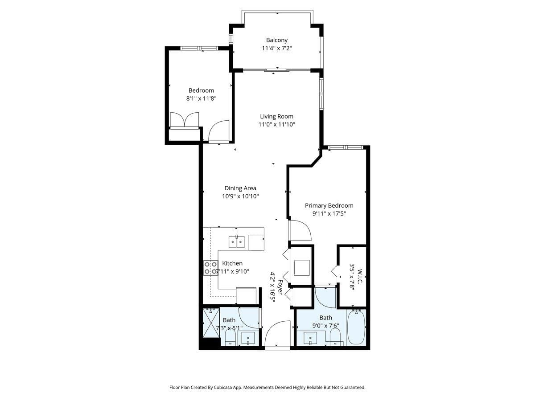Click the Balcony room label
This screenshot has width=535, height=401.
point(276,40)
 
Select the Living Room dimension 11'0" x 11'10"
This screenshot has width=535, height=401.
point(276,124)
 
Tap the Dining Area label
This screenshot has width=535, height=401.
point(240,188)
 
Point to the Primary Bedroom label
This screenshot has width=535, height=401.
point(329,205)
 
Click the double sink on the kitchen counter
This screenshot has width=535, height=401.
point(236,242)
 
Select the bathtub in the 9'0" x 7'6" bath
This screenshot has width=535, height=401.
point(356,327)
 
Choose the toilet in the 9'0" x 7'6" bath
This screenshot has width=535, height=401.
point(335,337)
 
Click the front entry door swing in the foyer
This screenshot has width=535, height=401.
point(277,334)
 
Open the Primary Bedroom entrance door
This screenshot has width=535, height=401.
point(300,230)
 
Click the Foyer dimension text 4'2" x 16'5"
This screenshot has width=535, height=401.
point(272,287)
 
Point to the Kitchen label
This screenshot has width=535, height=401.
point(232,263)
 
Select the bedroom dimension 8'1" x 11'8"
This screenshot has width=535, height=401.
point(201,98)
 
